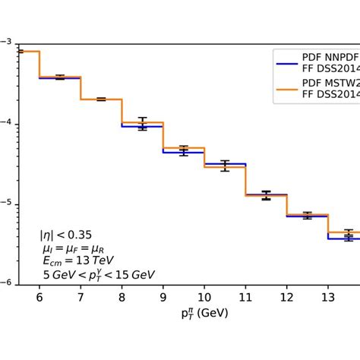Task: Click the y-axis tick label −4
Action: pyautogui.click(x=5, y=123)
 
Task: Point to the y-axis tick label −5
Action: pyautogui.click(x=5, y=204)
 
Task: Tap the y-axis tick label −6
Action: pyautogui.click(x=5, y=284)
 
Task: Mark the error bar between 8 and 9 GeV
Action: pyautogui.click(x=142, y=124)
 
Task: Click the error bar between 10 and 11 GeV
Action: pyautogui.click(x=225, y=166)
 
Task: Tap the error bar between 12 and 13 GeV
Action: pyautogui.click(x=307, y=216)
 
